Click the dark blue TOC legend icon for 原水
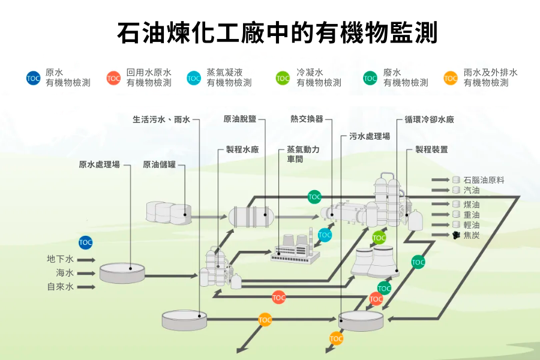(x=34, y=78)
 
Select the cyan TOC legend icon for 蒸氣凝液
(x=194, y=78)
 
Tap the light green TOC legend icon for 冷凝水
(x=283, y=78)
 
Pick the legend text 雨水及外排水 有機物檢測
(x=490, y=78)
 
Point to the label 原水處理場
(x=99, y=164)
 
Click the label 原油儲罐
(x=159, y=164)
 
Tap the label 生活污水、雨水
(x=161, y=119)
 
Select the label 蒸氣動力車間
(x=303, y=154)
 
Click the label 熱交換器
(x=307, y=119)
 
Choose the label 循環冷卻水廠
(x=429, y=119)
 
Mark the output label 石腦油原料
(x=484, y=179)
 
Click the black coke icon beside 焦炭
(x=457, y=235)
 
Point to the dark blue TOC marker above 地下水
(x=86, y=242)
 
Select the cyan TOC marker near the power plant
(x=325, y=234)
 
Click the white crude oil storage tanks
(x=169, y=212)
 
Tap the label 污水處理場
(x=370, y=137)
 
